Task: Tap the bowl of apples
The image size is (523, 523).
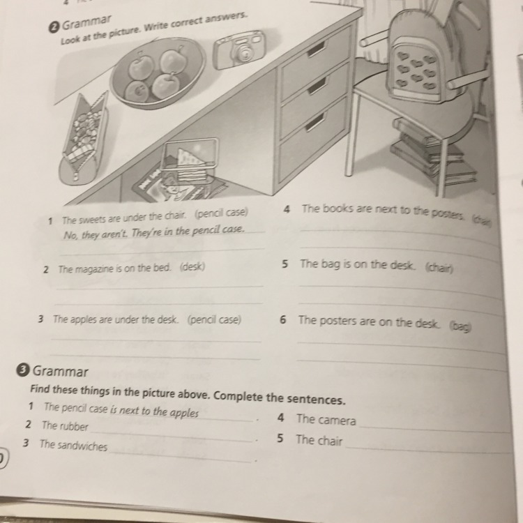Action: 158,73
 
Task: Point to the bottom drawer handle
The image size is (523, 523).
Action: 314,122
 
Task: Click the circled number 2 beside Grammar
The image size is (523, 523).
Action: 54,28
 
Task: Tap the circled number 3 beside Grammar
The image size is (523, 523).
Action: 22,370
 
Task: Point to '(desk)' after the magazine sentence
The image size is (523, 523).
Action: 192,267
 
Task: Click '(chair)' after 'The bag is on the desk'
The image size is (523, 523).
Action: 439,268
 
